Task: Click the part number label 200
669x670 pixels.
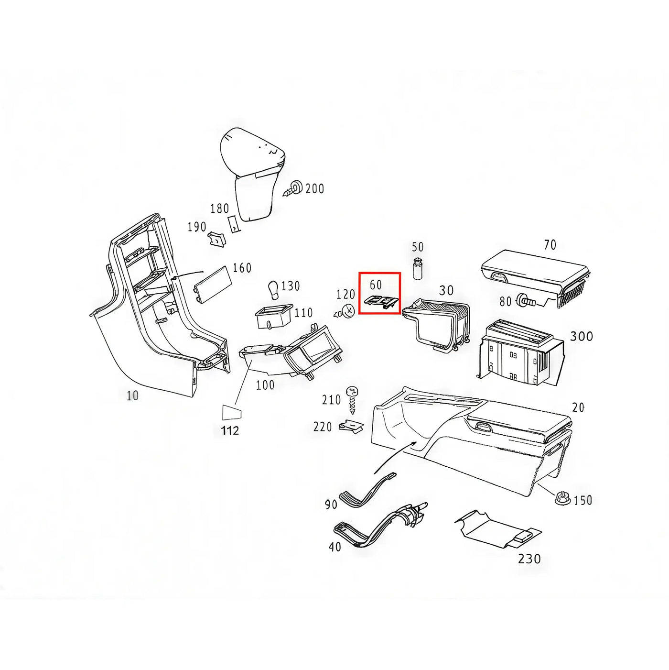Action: click(314, 189)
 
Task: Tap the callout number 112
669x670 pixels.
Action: click(230, 431)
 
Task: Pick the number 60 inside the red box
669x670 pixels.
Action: click(376, 285)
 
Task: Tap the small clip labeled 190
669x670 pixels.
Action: click(216, 239)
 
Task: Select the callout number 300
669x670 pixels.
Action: click(582, 336)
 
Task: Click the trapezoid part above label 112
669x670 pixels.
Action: click(231, 413)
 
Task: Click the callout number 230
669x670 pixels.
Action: click(529, 569)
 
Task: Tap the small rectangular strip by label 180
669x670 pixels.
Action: click(234, 225)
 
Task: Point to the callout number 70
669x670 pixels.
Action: click(550, 245)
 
